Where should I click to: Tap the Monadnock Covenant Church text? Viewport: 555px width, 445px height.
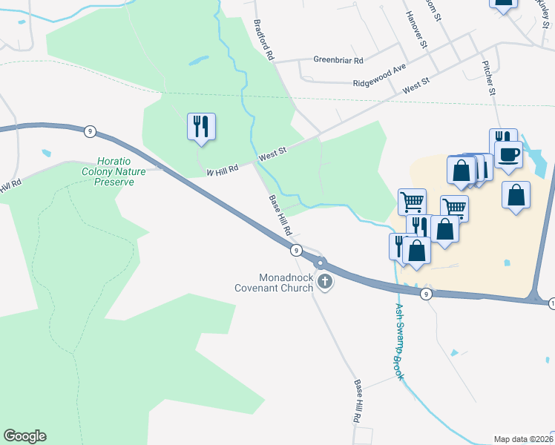[274, 281]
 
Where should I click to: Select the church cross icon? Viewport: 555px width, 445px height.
[325, 281]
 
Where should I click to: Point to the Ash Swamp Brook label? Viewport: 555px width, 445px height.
[400, 342]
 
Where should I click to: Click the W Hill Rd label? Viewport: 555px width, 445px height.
[222, 170]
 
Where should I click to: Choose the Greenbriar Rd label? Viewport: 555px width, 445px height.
[338, 60]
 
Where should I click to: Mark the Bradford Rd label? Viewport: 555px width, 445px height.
[264, 40]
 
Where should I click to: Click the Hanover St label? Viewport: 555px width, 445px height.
[416, 30]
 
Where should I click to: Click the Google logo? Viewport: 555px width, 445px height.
[24, 436]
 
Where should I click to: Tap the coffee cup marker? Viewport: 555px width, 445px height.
[508, 154]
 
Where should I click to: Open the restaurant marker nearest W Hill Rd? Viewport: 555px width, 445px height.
[201, 126]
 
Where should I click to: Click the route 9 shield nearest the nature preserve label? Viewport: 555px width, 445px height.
[89, 131]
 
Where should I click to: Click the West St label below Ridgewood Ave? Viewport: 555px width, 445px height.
[416, 86]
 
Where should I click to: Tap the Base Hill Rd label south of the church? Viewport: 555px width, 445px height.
[358, 401]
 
